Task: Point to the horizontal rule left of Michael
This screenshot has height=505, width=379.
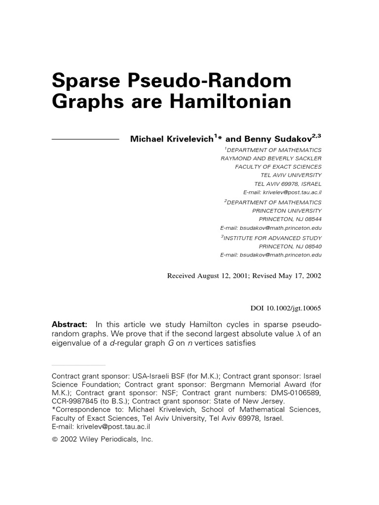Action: (x=85, y=140)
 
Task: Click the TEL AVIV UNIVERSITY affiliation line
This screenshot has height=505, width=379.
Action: (x=291, y=175)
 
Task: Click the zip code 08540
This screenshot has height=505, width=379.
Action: (x=311, y=246)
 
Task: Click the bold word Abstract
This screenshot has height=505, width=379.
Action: (x=70, y=325)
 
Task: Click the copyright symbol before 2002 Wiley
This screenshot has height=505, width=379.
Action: (x=55, y=439)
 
